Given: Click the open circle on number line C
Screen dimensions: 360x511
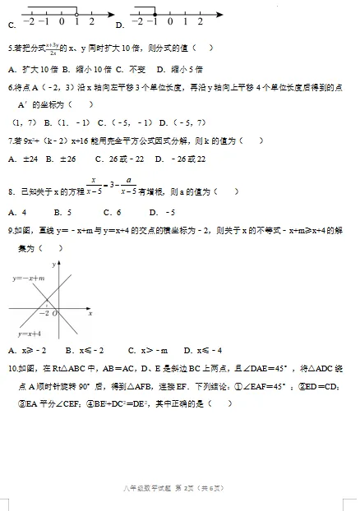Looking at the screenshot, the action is pos(77,13).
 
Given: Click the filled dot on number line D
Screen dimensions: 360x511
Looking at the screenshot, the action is pos(155,13).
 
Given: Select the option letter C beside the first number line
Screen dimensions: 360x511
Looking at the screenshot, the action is pos(11,25).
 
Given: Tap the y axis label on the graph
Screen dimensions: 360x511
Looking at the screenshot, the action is pos(53,265).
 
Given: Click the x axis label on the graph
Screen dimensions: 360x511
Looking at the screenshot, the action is pos(89,315).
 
